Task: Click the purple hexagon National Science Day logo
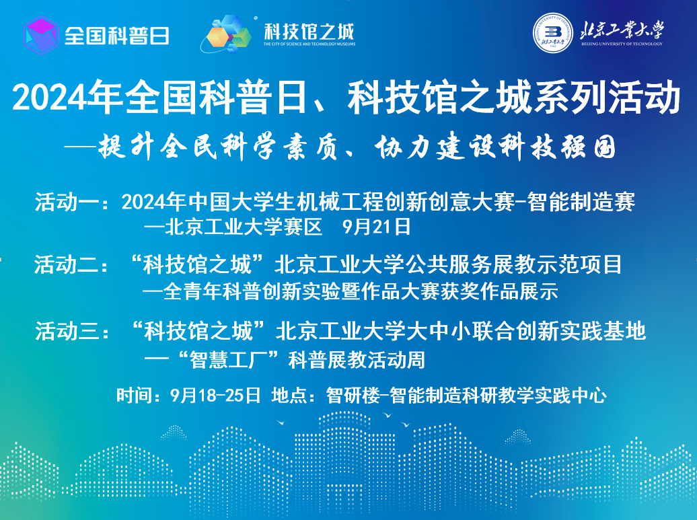[41, 35]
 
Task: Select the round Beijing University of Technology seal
[553, 32]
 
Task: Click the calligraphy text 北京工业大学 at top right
[622, 30]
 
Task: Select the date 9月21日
[377, 227]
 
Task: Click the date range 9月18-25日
[215, 395]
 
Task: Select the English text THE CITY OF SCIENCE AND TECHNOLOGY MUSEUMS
[309, 44]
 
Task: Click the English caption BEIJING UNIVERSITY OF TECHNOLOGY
[622, 44]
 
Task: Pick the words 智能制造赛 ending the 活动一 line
[581, 202]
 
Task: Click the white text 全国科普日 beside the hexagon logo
[117, 36]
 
